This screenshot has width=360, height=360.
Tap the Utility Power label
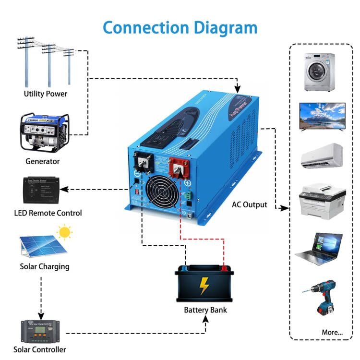pos(46,94)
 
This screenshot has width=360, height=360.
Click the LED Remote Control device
pos(41,191)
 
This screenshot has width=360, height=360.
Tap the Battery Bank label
pos(205,310)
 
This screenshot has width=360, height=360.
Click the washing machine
pos(319,72)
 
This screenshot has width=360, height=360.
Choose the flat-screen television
pos(322,116)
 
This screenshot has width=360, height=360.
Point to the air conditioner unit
pos(322,156)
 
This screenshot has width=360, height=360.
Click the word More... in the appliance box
pos(332,332)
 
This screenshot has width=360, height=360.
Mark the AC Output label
pos(249,205)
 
